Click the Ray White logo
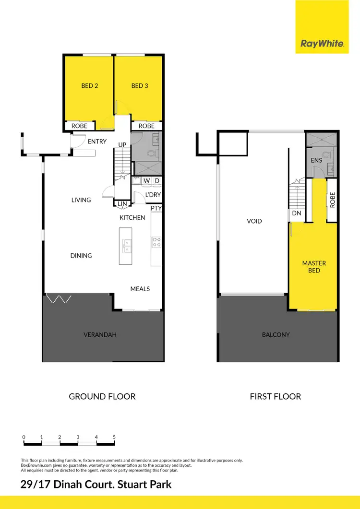point(322,43)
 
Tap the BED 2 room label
point(90,86)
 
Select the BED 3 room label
point(140,86)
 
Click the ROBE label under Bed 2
point(79,126)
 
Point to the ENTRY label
point(97,142)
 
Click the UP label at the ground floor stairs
point(122,144)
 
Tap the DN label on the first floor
point(296,213)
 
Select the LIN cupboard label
point(122,204)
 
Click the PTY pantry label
point(156,209)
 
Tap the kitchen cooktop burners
point(156,242)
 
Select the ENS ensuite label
point(316,160)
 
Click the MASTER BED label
point(314,267)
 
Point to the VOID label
point(254,221)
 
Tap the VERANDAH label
point(100,334)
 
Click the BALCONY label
point(276,334)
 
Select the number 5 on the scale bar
point(114,437)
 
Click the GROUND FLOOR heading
point(102,396)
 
